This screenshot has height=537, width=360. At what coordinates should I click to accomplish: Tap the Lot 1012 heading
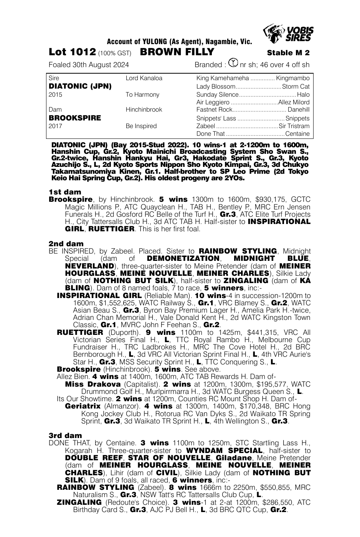coord(72,53)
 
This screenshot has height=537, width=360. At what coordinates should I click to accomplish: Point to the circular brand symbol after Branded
coord(233,63)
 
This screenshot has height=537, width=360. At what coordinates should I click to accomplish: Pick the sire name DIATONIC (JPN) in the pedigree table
coord(80,86)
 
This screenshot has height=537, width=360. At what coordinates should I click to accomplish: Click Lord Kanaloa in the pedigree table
coord(144,78)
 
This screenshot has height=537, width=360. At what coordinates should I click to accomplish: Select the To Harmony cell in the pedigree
coord(142,94)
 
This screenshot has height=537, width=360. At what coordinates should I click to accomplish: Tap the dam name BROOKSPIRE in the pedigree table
coord(75,118)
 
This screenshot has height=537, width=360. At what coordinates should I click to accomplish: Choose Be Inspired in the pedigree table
coord(141,126)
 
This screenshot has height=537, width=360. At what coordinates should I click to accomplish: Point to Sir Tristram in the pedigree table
coord(294,126)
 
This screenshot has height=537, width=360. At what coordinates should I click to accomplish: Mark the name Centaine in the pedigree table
coord(297,134)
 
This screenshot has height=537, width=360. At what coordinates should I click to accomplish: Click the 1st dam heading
coord(65,192)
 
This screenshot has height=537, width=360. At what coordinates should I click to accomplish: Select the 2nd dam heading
coord(66,244)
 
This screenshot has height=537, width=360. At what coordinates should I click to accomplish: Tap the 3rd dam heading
coord(65,435)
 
